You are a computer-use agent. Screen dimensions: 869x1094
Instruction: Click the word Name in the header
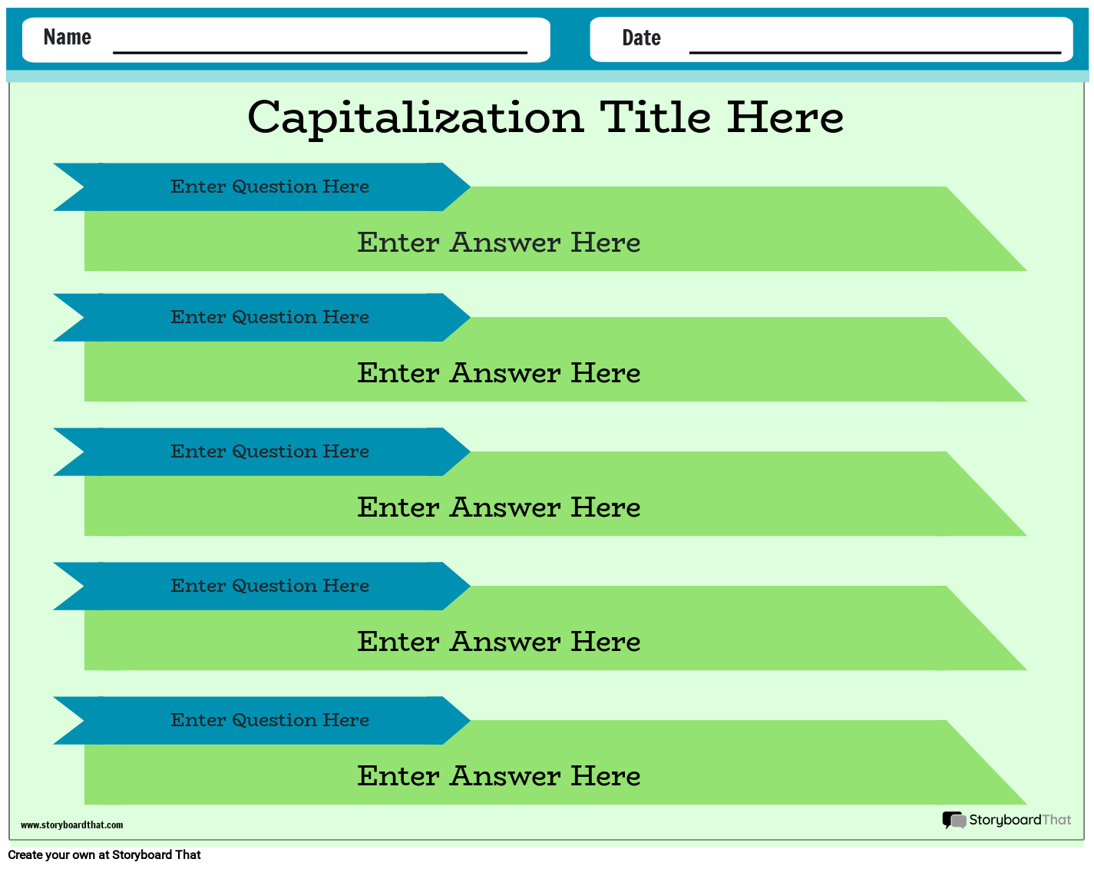pyautogui.click(x=68, y=37)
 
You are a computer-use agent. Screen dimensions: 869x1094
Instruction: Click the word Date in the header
pyautogui.click(x=641, y=38)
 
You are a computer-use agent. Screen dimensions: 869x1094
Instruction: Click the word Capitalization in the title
pyautogui.click(x=415, y=118)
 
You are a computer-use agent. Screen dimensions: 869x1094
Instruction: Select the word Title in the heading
pyautogui.click(x=656, y=117)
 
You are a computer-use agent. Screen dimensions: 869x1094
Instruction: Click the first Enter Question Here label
pyautogui.click(x=269, y=187)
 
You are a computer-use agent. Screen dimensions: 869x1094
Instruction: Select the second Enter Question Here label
pyautogui.click(x=269, y=317)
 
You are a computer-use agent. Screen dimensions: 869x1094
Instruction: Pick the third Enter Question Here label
pyautogui.click(x=269, y=451)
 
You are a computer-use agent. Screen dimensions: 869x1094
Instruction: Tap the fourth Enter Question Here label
pyautogui.click(x=269, y=586)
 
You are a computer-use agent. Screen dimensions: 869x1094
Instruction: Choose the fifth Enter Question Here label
pyautogui.click(x=269, y=720)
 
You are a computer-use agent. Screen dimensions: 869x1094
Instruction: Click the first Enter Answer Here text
pyautogui.click(x=499, y=243)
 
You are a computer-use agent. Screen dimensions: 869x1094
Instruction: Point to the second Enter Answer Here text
pyautogui.click(x=499, y=373)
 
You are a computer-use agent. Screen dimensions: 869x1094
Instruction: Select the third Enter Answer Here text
pyautogui.click(x=499, y=507)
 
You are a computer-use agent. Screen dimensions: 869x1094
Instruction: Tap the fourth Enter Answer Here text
pyautogui.click(x=499, y=642)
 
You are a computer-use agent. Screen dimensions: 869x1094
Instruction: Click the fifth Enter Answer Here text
pyautogui.click(x=499, y=776)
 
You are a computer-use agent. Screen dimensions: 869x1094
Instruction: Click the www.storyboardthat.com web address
pyautogui.click(x=71, y=825)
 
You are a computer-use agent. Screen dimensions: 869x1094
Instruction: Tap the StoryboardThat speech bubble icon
pyautogui.click(x=954, y=821)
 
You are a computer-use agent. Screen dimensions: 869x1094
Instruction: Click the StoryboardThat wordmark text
pyautogui.click(x=1020, y=820)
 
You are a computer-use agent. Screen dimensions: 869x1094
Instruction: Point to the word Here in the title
pyautogui.click(x=785, y=117)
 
